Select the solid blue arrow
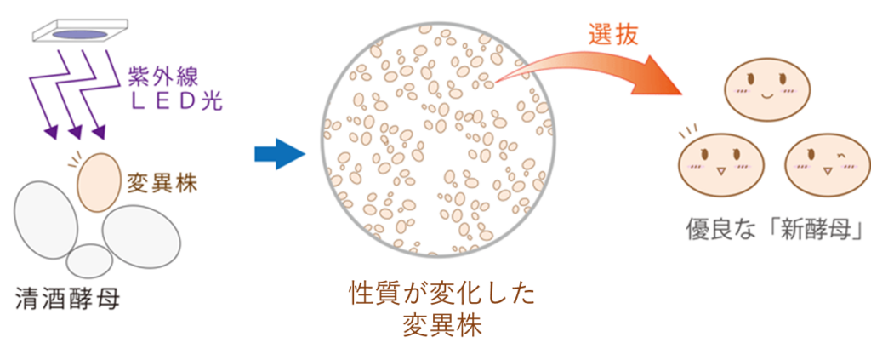[x=280, y=154]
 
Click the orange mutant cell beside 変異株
[x=99, y=182]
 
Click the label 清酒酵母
[x=68, y=301]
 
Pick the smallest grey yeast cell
[x=89, y=260]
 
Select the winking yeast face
[x=828, y=164]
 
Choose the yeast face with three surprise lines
[x=721, y=164]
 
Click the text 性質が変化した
[x=441, y=295]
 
